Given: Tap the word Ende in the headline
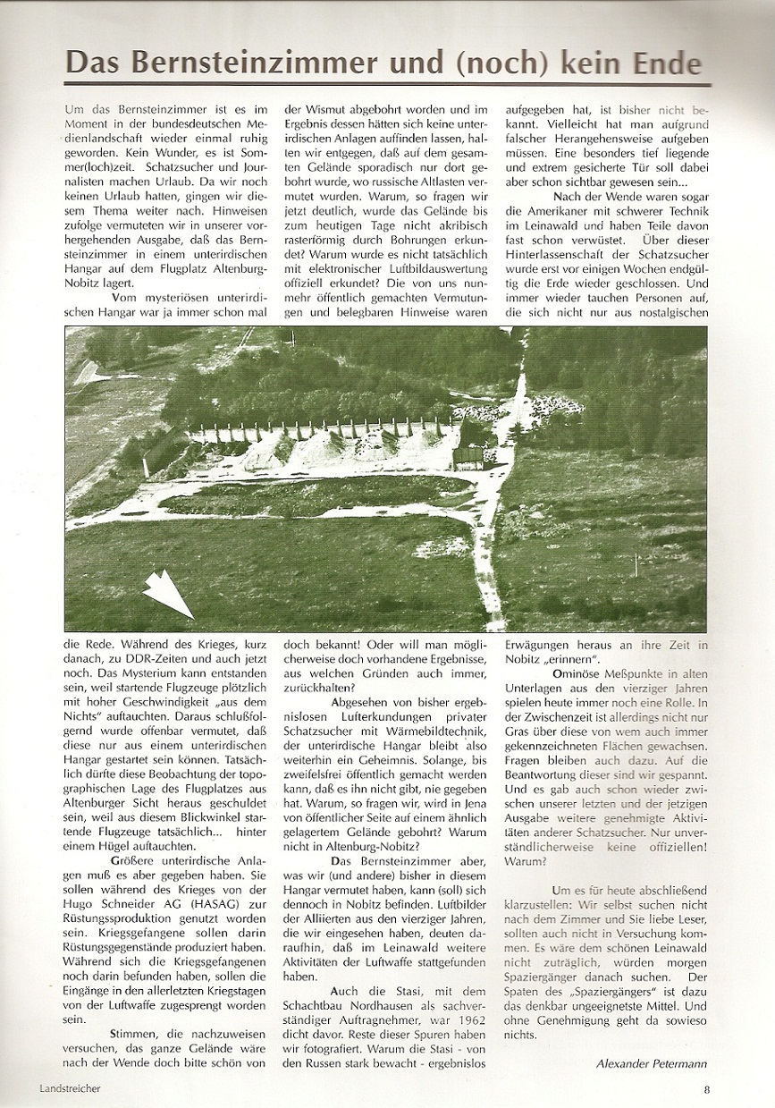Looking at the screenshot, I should click(x=661, y=63).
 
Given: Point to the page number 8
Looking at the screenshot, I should click(x=705, y=1088).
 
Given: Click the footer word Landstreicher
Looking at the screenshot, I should click(x=70, y=1088).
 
